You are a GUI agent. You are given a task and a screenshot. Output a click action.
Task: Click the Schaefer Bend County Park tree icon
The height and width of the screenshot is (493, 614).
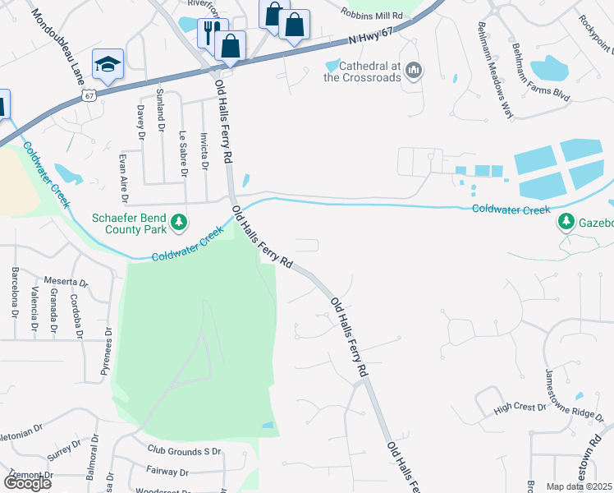pyautogui.click(x=178, y=222)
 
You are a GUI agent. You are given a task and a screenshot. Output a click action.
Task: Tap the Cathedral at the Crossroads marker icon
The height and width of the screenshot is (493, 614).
pyautogui.click(x=414, y=72)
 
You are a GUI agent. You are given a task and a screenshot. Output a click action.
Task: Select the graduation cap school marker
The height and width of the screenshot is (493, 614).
pyautogui.click(x=107, y=64)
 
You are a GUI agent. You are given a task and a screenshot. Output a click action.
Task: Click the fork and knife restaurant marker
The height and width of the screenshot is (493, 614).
pyautogui.click(x=211, y=32)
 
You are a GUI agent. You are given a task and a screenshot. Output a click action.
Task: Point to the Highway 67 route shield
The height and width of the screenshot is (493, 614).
pyautogui.click(x=89, y=95)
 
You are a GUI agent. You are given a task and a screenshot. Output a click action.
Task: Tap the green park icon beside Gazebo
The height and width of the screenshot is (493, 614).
pyautogui.click(x=566, y=222)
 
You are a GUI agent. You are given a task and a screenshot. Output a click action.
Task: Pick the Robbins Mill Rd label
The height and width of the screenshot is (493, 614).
pyautogui.click(x=374, y=16)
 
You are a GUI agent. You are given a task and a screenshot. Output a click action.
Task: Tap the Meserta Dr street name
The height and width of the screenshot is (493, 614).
pyautogui.click(x=66, y=282)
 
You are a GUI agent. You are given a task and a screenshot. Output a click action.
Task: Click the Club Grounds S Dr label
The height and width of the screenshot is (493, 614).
pyautogui.click(x=185, y=450)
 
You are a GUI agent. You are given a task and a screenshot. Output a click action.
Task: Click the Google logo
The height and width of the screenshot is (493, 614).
pyautogui.click(x=27, y=483)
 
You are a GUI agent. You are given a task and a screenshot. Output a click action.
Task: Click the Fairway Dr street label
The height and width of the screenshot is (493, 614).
pyautogui.click(x=167, y=472)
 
